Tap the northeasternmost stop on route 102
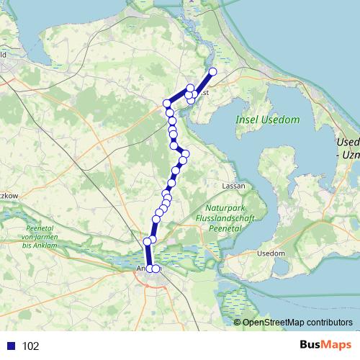212,71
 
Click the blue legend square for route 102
11,346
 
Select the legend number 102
31,346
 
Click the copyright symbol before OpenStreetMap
238,323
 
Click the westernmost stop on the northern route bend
167,103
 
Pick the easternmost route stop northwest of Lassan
185,153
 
